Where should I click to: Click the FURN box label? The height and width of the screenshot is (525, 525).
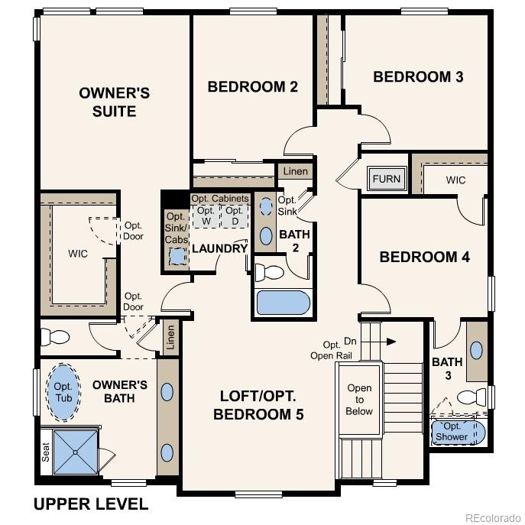pos(386,180)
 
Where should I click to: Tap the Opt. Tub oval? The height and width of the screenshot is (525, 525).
pos(63,391)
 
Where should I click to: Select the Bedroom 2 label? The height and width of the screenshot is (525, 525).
pos(252,86)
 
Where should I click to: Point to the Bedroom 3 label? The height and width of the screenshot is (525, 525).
pos(418,76)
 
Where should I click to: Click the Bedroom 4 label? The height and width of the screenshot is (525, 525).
pos(424,257)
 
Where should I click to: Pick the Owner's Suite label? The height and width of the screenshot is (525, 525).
pos(115,102)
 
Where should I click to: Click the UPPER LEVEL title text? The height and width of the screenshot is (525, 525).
pos(91,504)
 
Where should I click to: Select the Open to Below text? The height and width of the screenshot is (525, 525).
pos(359,399)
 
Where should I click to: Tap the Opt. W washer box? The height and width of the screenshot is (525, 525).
pos(206,216)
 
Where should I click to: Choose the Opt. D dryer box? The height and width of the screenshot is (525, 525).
pos(235,216)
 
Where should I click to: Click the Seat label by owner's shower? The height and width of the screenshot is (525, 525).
pos(46,453)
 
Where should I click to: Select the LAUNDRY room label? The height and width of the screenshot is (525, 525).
pos(219,248)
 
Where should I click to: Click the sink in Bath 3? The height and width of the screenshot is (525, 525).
pos(477,351)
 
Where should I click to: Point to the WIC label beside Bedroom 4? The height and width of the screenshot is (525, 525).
pos(456,180)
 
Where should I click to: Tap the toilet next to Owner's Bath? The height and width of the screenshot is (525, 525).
pos(55,337)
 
